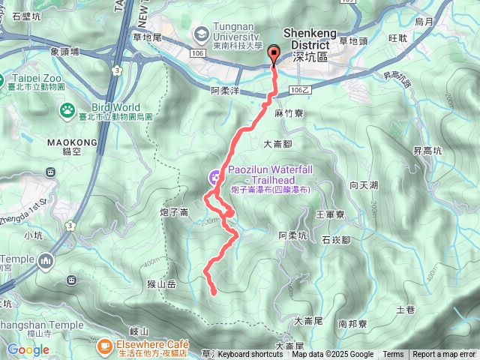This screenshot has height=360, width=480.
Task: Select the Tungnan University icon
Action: (x=200, y=34)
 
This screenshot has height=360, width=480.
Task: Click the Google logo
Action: (x=28, y=349)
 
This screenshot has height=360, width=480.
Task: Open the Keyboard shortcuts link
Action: (x=250, y=355)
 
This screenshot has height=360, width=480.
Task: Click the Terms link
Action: (x=393, y=355)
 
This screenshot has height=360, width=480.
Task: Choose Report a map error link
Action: (x=444, y=355)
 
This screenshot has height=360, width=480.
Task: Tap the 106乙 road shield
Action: (x=298, y=90)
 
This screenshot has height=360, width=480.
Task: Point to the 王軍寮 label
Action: (x=330, y=214)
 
